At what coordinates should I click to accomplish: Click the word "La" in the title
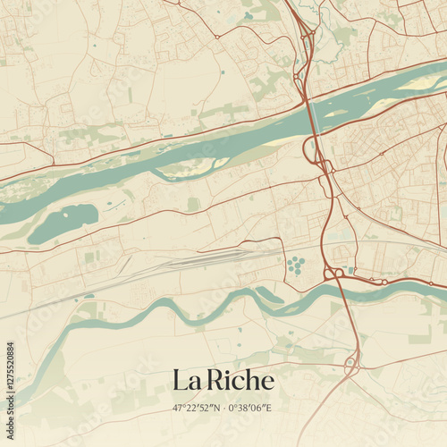(x=185, y=380)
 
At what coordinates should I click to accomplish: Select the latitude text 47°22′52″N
(x=198, y=408)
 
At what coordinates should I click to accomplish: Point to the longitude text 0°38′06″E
(x=251, y=408)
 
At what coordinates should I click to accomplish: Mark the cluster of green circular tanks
(x=294, y=264)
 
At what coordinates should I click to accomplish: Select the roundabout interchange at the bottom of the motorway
(x=351, y=365)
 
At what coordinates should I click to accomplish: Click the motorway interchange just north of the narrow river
(x=334, y=272)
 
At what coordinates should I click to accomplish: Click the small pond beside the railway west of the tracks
(x=89, y=296)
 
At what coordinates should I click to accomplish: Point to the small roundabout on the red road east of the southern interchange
(x=384, y=282)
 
